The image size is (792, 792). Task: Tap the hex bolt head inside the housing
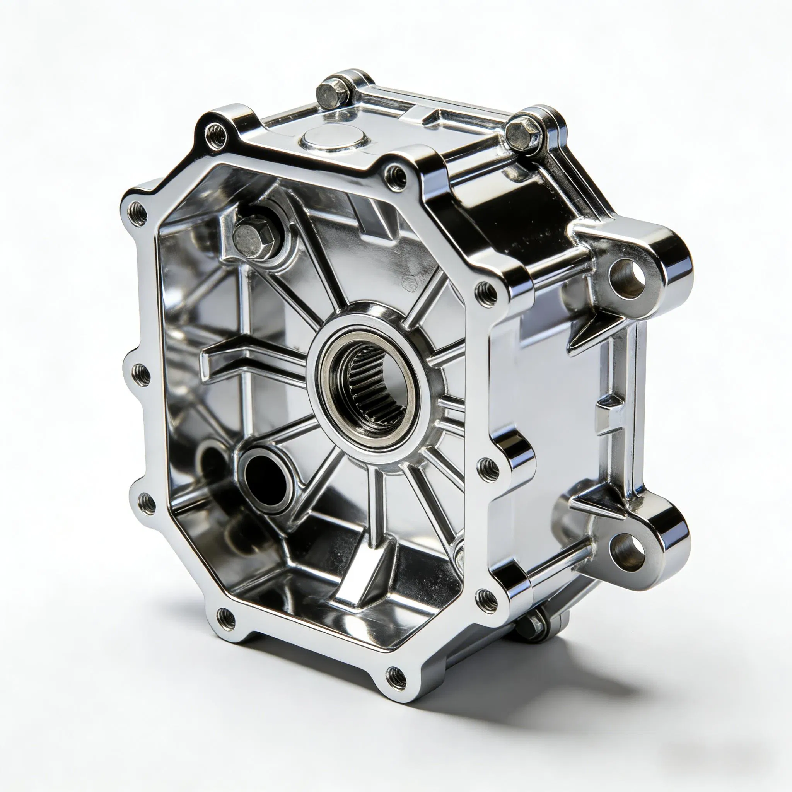[251, 236]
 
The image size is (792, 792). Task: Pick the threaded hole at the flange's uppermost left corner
[216, 132]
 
